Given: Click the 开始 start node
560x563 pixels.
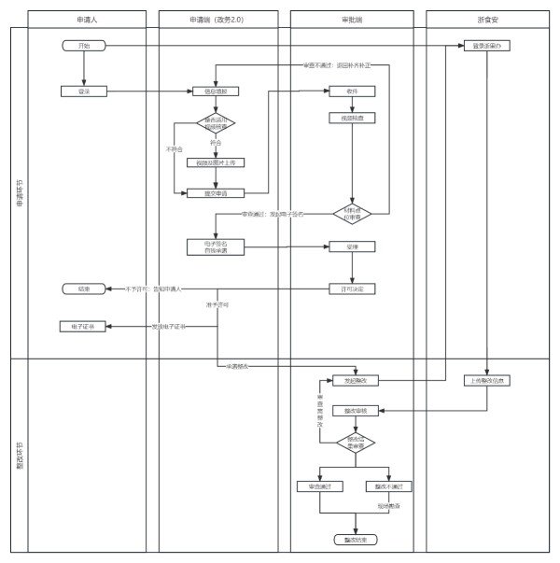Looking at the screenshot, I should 83,45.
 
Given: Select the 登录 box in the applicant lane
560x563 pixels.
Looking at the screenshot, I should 83,91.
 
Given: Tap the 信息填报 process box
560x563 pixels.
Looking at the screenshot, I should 216,91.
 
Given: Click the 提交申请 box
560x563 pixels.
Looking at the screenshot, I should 216,193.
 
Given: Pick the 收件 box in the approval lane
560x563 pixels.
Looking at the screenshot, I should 351,91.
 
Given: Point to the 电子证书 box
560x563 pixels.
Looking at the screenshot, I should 83,327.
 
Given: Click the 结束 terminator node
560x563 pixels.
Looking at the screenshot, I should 83,289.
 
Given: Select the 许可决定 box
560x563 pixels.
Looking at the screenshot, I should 351,289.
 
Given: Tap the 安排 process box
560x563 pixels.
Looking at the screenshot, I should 351,247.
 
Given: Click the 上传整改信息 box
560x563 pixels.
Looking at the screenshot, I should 488,380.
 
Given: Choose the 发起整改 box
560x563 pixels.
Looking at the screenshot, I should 351,381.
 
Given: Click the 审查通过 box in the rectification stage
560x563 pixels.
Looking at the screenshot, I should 319,486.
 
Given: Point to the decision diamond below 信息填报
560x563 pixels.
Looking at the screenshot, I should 216,122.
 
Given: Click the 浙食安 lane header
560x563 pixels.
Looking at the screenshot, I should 488,18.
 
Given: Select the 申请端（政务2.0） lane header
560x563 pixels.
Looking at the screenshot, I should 216,18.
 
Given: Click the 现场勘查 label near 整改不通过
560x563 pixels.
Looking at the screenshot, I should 389,505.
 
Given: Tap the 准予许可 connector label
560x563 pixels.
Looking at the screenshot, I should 217,305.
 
